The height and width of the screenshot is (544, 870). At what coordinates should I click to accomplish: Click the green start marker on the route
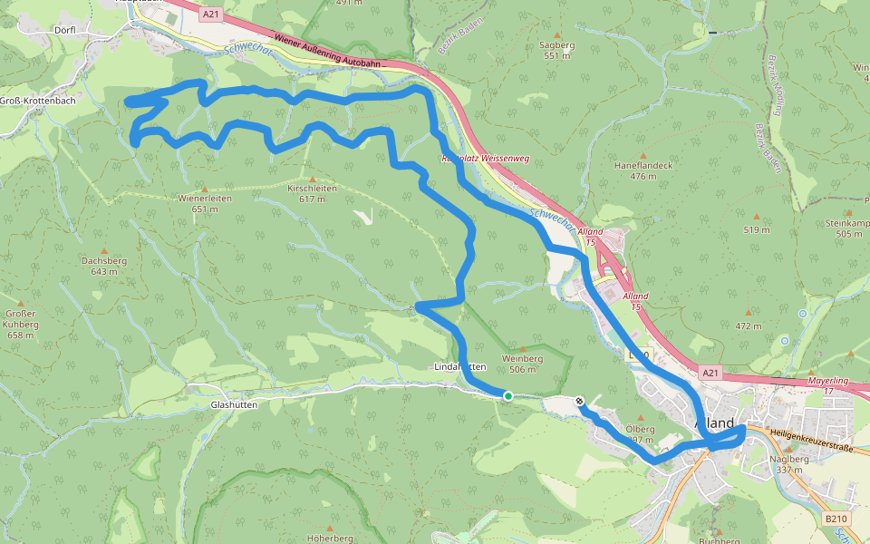[x=508, y=395]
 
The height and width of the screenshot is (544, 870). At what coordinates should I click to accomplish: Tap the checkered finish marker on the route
[x=579, y=401]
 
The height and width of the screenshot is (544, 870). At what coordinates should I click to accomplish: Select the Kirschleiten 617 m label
[x=311, y=193]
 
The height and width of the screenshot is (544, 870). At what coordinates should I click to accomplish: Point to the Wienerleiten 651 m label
[x=205, y=203]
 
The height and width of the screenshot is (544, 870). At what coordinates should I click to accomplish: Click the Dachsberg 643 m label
[x=104, y=266]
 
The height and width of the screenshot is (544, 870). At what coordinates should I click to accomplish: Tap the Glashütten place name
[x=234, y=405]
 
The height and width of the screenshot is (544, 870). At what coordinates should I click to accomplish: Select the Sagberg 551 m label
[x=557, y=50]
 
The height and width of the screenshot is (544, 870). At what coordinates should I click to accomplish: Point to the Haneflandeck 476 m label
[x=643, y=170]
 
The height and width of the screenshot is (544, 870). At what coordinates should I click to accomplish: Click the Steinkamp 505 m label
[x=846, y=228]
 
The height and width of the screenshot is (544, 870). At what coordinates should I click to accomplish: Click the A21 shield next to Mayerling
[x=710, y=372]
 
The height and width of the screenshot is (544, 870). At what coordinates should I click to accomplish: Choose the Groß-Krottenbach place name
[x=38, y=101]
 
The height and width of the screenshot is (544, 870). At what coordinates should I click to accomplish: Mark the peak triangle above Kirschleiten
[x=312, y=180]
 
